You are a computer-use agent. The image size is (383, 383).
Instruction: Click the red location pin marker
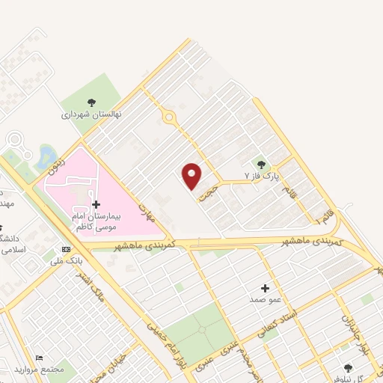point(192,176)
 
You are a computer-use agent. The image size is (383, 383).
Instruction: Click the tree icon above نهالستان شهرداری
point(91,103)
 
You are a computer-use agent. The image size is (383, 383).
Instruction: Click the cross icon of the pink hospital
point(96,203)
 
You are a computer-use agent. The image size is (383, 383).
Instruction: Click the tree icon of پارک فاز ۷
point(261,165)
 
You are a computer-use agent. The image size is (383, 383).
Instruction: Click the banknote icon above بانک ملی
point(67,248)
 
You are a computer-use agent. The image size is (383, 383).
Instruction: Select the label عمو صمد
point(266,299)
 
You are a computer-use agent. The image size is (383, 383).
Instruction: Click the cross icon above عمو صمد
point(265,288)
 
